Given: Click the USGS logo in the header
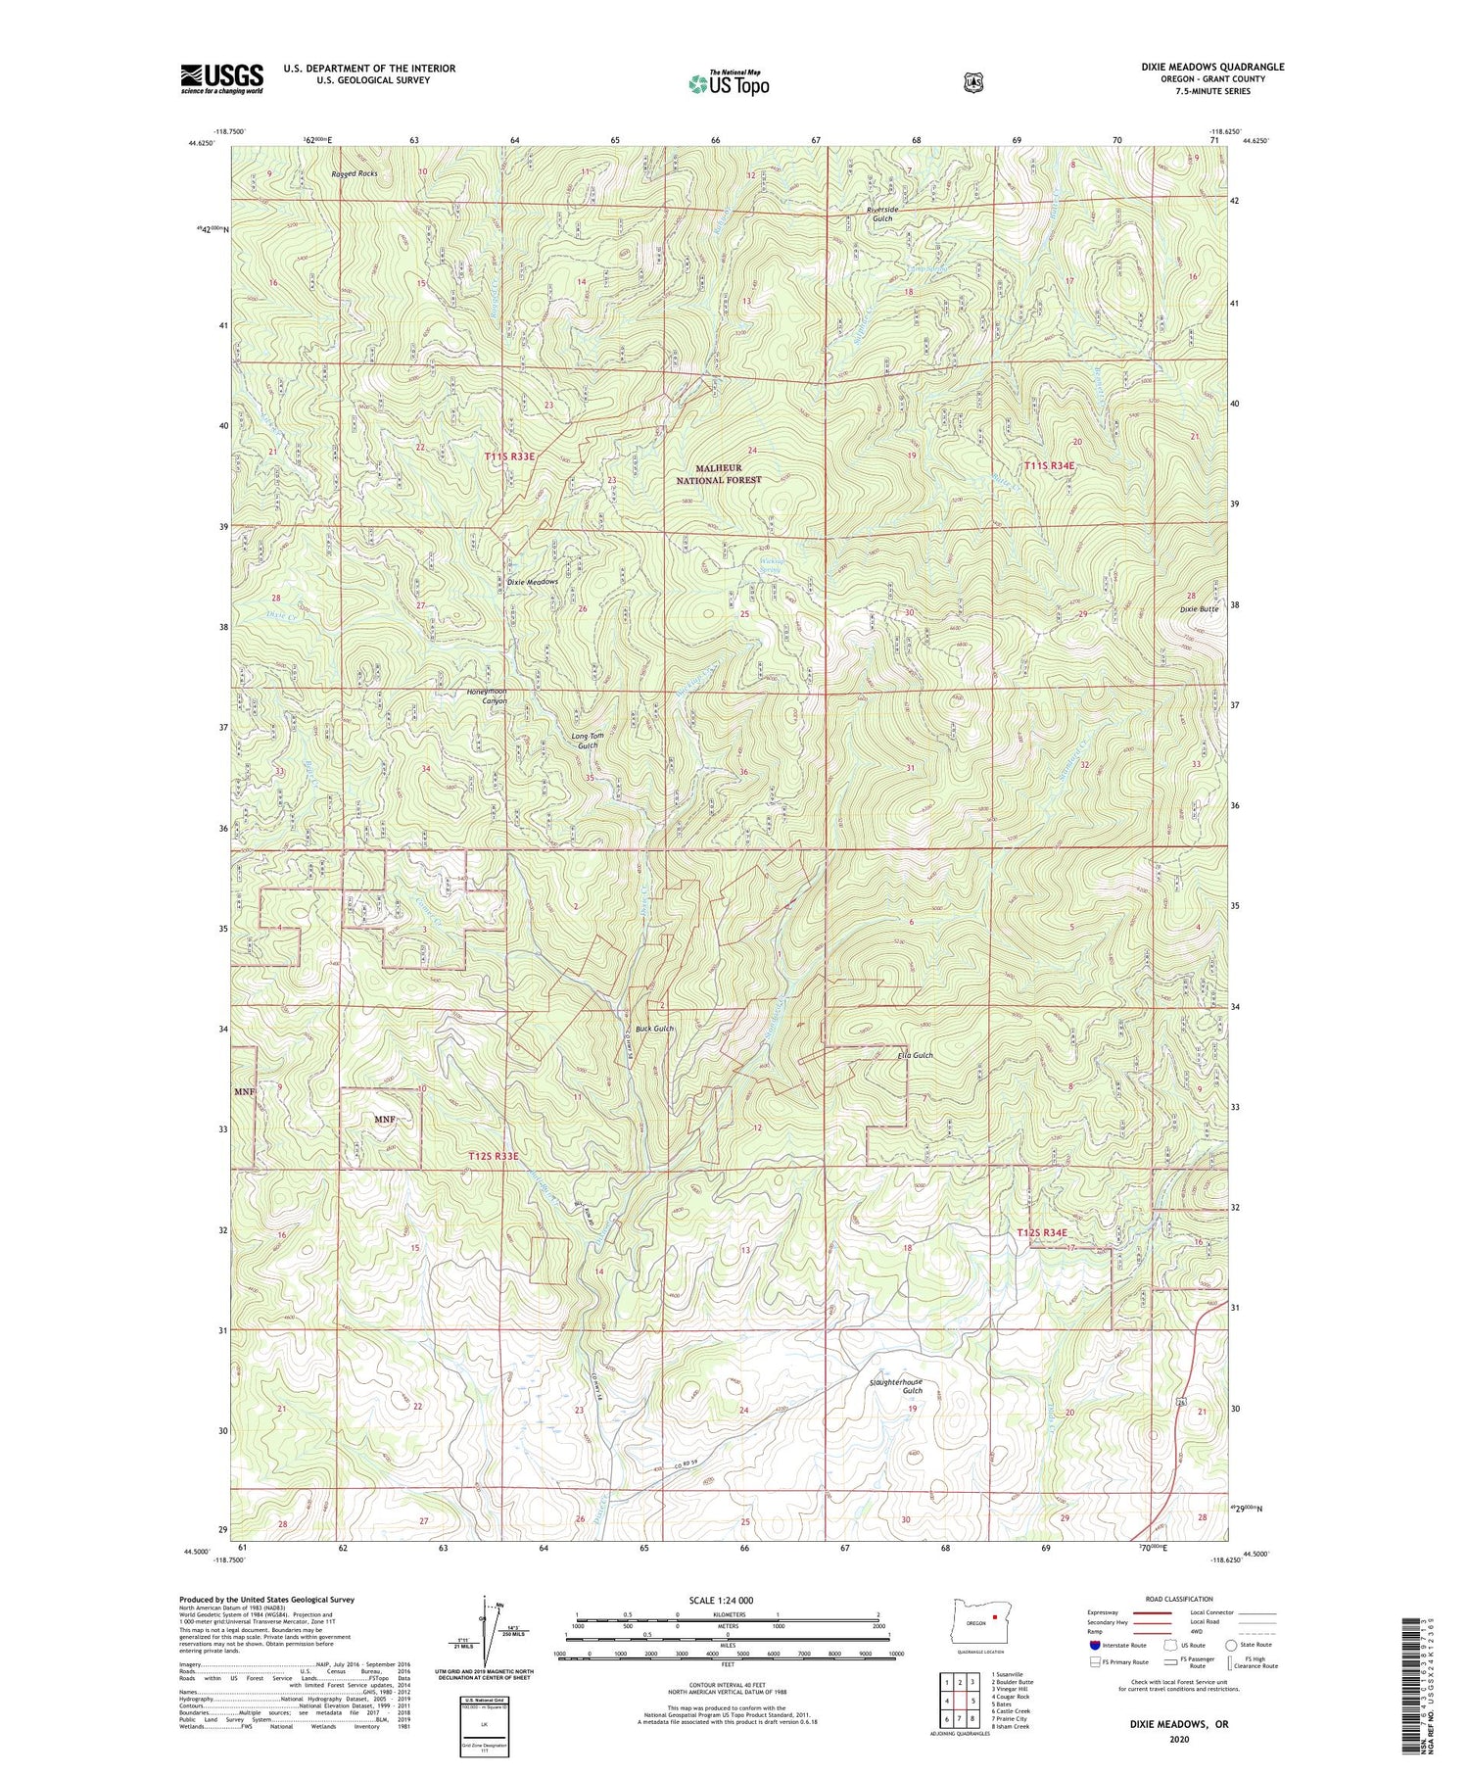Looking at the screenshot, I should [221, 78].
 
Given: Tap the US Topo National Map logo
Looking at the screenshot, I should [729, 83].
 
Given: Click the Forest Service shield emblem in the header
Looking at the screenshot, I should [972, 83].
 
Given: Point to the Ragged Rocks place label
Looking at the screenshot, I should [354, 173].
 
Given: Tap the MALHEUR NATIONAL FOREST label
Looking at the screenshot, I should [719, 474].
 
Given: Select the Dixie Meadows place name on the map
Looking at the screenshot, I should [532, 582].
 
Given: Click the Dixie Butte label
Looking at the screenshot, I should [1198, 609].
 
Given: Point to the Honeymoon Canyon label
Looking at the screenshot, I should [487, 696].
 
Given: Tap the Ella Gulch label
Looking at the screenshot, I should [916, 1055].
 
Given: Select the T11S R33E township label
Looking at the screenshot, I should [509, 456].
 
